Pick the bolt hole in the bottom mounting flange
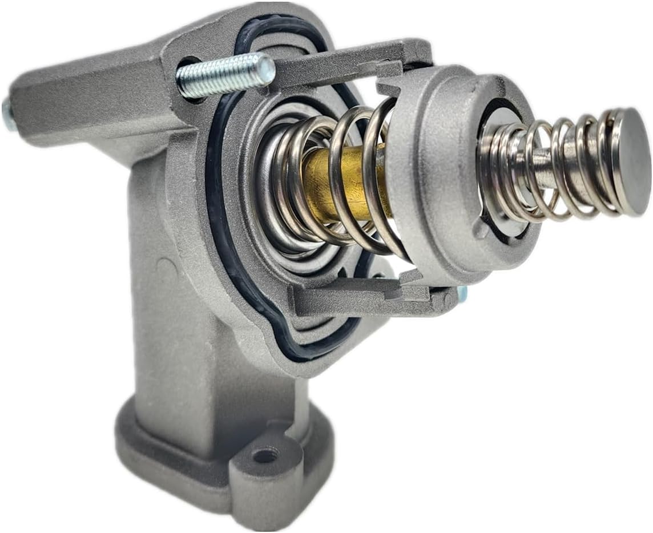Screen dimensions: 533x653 point(265,455)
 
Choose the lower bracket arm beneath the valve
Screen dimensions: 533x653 point(365,297)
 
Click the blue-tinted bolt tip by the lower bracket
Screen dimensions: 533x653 point(462,293)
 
